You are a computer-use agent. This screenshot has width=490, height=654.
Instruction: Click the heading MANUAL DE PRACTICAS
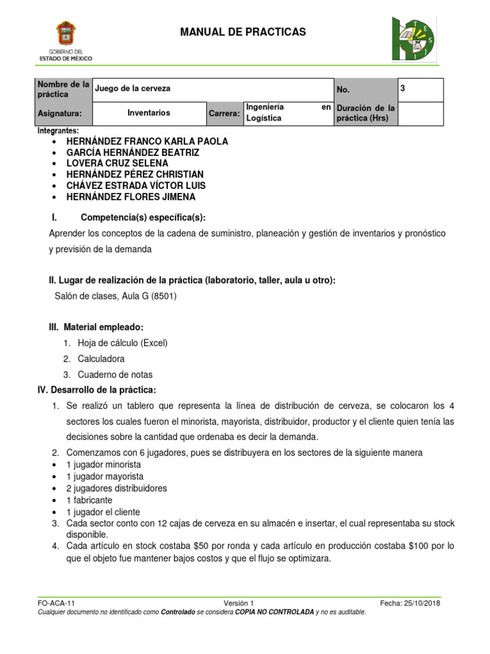[243, 32]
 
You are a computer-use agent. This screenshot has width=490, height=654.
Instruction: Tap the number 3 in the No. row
[403, 88]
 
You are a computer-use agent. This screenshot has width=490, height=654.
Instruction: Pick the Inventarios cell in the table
[149, 112]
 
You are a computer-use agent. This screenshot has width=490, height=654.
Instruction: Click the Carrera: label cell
[224, 113]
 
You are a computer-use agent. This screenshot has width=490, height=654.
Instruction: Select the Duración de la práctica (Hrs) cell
[366, 113]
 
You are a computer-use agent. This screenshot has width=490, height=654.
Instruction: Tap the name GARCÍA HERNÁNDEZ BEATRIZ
[133, 153]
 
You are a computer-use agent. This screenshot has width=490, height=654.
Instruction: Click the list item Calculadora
[101, 359]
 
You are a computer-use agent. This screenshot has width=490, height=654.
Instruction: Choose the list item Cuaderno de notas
[115, 375]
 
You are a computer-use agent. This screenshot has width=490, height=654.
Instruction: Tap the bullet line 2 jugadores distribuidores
[117, 488]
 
